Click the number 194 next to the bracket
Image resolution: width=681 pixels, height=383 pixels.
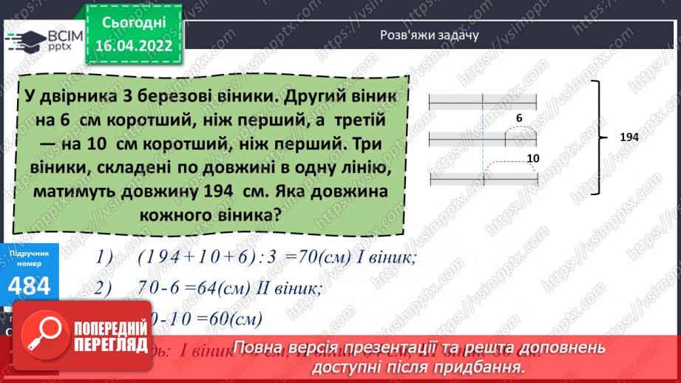click(629, 138)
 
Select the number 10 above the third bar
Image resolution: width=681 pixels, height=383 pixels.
click(532, 158)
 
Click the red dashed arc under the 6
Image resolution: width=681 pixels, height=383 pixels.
click(521, 129)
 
